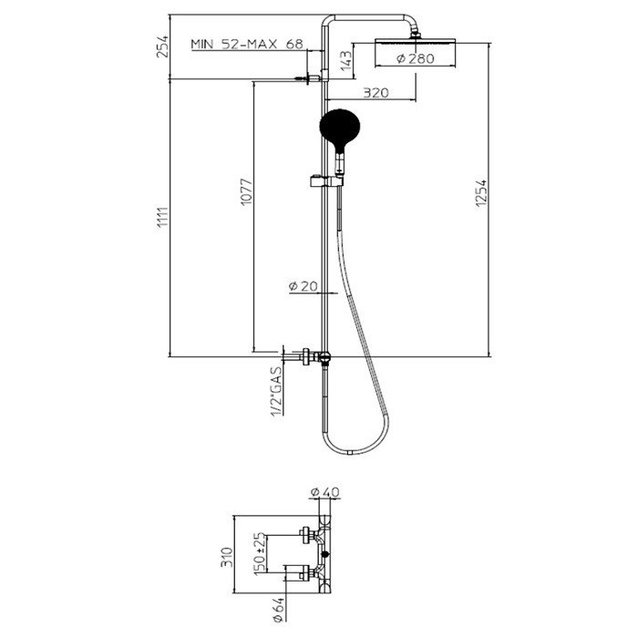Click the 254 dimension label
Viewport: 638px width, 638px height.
163,47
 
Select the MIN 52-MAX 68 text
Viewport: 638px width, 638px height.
246,44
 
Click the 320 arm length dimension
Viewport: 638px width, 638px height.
376,92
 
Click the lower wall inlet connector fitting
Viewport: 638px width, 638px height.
314,355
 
